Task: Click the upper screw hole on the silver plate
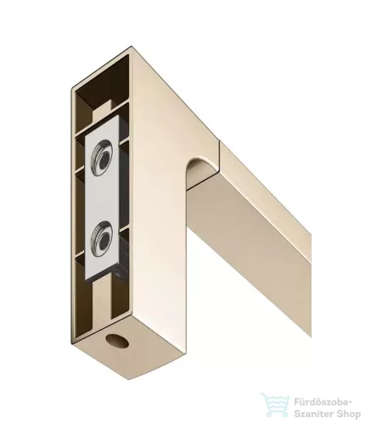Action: [x=102, y=158]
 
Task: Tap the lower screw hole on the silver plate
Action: [x=102, y=239]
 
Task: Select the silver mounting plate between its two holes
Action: [x=103, y=198]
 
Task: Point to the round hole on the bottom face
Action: [x=117, y=341]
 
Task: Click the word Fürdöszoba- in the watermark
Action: [x=323, y=402]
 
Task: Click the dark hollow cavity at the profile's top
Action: [x=102, y=85]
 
